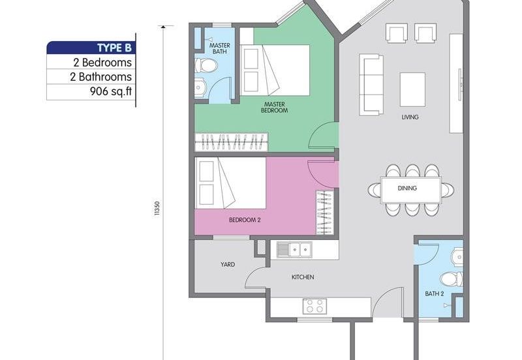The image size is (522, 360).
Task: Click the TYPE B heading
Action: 114,48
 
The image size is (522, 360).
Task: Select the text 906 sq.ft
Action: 111,92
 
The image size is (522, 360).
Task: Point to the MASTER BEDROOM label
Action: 275,107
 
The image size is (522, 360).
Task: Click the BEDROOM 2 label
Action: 245,220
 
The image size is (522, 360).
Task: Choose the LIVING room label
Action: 410,117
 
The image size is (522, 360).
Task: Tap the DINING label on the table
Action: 407,188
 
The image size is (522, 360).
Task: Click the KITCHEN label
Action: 303,277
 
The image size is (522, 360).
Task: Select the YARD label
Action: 227,264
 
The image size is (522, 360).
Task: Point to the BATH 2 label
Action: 435,293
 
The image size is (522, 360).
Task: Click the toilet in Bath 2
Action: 451,279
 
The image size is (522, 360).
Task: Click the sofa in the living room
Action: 371,84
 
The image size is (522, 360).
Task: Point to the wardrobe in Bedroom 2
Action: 324,213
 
